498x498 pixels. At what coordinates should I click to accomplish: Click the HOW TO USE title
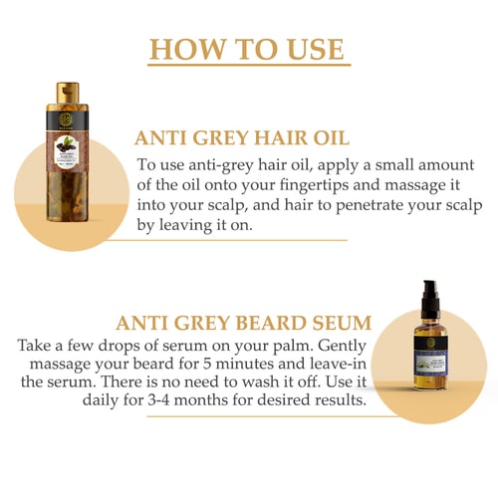point(248,49)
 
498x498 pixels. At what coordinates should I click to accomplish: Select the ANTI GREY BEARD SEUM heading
point(244,323)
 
